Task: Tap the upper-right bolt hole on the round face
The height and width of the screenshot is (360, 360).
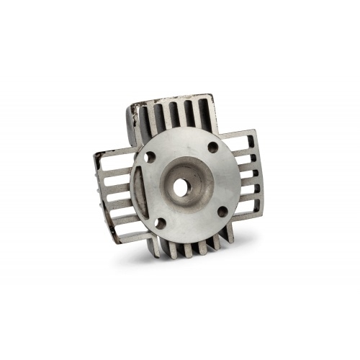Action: pyautogui.click(x=212, y=148)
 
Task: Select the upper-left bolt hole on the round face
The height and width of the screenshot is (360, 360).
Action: pyautogui.click(x=150, y=156)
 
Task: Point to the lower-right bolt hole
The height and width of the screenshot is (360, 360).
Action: pyautogui.click(x=222, y=211)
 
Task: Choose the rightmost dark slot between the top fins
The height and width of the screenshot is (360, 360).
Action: pyautogui.click(x=203, y=113)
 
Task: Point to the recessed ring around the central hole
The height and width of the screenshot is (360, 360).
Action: pyautogui.click(x=179, y=173)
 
